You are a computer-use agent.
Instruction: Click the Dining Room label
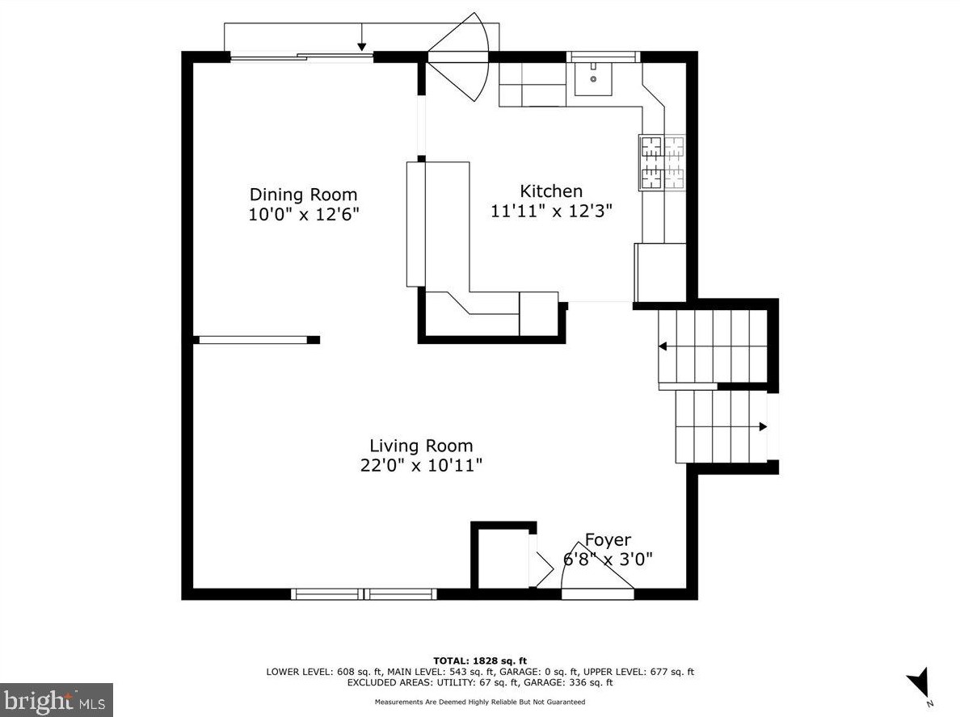(x=303, y=195)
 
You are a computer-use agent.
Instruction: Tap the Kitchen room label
(x=551, y=191)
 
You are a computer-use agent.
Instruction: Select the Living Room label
(x=421, y=446)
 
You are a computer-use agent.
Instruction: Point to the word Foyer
(x=608, y=539)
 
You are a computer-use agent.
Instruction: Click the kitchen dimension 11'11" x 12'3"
(x=552, y=211)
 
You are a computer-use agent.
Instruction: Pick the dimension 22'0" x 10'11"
(x=421, y=466)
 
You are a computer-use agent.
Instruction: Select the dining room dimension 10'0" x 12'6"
(x=303, y=215)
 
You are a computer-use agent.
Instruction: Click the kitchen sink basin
(x=593, y=79)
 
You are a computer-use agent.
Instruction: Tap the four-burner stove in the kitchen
(x=662, y=162)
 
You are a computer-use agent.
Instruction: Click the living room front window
(x=364, y=593)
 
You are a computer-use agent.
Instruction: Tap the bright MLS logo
(x=57, y=700)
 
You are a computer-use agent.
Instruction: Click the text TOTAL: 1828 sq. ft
(x=480, y=660)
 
